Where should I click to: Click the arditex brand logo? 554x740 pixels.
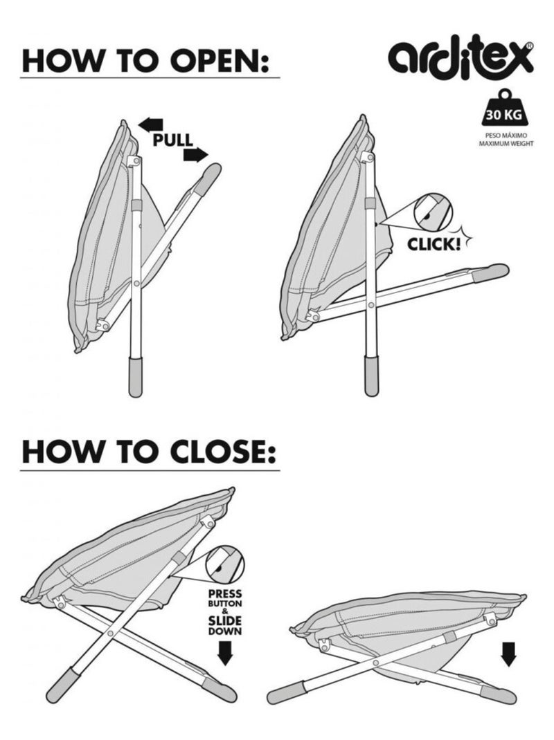461,57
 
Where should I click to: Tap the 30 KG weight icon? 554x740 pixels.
504,108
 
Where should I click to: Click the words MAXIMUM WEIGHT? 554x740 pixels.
506,143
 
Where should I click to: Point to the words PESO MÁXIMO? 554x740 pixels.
506,135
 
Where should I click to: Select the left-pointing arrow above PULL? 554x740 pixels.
150,124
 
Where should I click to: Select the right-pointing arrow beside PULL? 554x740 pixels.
196,154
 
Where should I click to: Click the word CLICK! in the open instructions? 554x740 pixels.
434,244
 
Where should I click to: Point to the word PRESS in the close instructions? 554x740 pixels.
225,593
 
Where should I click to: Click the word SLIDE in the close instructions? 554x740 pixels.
225,620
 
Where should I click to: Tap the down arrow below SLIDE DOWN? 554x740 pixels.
226,654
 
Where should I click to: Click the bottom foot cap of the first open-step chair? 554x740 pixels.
136,377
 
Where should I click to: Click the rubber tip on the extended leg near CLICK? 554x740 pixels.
492,271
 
